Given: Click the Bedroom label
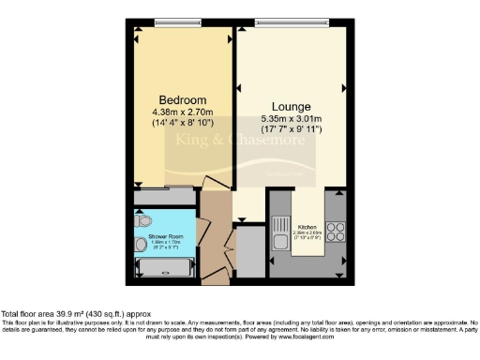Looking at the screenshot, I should (182, 100).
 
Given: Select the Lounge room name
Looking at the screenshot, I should (291, 107).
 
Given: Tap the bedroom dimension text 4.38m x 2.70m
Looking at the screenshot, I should (182, 112).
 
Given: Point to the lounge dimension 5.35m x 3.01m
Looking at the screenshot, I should (291, 119).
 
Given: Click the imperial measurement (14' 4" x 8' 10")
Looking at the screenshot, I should (182, 123).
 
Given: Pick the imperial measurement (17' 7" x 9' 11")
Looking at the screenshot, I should (291, 130).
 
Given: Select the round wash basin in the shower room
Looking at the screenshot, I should (140, 245).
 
